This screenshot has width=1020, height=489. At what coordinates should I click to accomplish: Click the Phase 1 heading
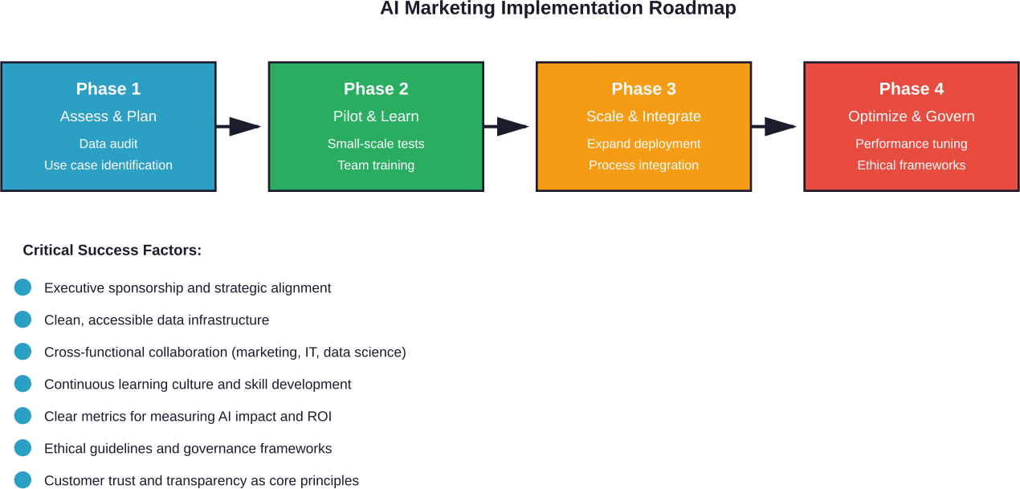pyautogui.click(x=108, y=89)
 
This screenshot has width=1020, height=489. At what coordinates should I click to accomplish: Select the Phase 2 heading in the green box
pyautogui.click(x=376, y=89)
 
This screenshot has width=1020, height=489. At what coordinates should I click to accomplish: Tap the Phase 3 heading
pyautogui.click(x=643, y=89)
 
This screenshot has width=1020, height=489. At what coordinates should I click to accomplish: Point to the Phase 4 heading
pyautogui.click(x=911, y=89)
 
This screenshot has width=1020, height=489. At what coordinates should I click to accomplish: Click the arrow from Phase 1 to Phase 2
pyautogui.click(x=240, y=126)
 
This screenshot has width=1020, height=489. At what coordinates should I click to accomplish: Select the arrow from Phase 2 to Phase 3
pyautogui.click(x=508, y=126)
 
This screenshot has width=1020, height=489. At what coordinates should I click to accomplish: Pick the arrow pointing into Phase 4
pyautogui.click(x=776, y=126)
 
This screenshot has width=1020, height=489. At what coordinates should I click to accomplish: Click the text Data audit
pyautogui.click(x=108, y=144)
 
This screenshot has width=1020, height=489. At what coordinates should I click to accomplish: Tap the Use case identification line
pyautogui.click(x=108, y=165)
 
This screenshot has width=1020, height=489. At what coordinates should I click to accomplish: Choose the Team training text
pyautogui.click(x=376, y=165)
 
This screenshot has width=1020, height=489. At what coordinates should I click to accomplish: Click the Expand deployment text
pyautogui.click(x=643, y=144)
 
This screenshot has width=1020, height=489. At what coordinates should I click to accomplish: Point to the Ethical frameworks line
pyautogui.click(x=911, y=165)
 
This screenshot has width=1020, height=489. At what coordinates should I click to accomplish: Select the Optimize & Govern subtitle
pyautogui.click(x=911, y=116)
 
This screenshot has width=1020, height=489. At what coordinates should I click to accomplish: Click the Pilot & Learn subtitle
pyautogui.click(x=376, y=116)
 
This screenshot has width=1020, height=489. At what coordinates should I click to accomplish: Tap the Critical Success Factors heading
pyautogui.click(x=112, y=251)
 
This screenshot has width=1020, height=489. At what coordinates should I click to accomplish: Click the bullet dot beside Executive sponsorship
pyautogui.click(x=22, y=287)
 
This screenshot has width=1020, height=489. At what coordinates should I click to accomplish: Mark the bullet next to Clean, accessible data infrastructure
pyautogui.click(x=22, y=320)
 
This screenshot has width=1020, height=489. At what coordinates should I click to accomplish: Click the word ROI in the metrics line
pyautogui.click(x=319, y=417)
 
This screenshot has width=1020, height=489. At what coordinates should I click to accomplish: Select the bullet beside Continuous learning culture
pyautogui.click(x=22, y=384)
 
